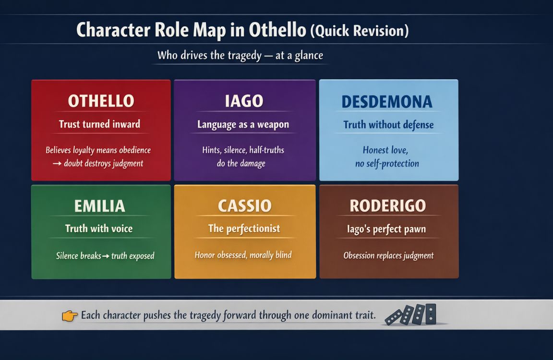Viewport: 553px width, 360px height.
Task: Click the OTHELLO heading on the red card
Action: (101, 101)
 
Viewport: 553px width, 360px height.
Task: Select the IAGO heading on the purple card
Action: (244, 101)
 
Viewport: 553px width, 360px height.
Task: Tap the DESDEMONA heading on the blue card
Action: (387, 102)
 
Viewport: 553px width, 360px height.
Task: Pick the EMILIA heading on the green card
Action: (99, 206)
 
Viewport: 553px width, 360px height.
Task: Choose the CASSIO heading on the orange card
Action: (244, 206)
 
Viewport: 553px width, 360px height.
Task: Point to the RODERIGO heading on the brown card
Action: (387, 206)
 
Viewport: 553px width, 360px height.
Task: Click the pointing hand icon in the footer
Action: (70, 316)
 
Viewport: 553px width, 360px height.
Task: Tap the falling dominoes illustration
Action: (411, 315)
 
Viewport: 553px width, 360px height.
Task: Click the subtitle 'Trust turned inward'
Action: (99, 124)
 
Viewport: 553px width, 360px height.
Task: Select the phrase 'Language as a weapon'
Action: (243, 125)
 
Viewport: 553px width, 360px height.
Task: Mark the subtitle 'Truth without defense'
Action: (388, 125)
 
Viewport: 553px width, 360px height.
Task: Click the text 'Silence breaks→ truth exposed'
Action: (105, 256)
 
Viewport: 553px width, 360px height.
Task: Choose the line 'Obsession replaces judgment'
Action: (388, 256)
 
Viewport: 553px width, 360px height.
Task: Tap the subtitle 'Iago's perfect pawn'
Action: (386, 229)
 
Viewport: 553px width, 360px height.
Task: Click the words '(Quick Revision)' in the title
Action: (360, 31)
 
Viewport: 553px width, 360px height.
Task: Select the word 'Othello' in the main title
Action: (277, 30)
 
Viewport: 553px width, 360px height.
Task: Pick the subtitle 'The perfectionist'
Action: (244, 229)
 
